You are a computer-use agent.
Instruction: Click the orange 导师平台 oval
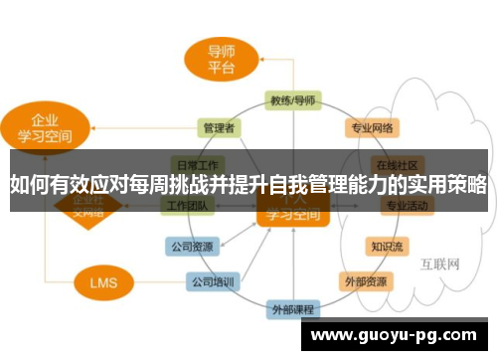pyautogui.click(x=221, y=59)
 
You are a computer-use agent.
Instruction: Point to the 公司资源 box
pyautogui.click(x=189, y=246)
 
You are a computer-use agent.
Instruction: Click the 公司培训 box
pyautogui.click(x=213, y=282)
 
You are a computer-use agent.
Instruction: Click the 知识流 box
pyautogui.click(x=386, y=246)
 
